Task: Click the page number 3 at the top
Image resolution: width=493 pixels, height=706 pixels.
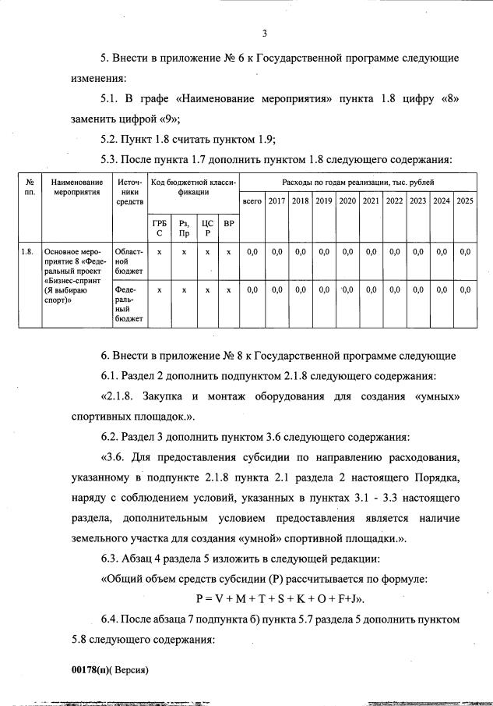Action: point(265,33)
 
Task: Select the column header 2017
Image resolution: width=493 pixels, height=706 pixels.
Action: point(276,201)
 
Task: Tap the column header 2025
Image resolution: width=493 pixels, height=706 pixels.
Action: point(465,201)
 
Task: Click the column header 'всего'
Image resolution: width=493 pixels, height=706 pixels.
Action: point(252,201)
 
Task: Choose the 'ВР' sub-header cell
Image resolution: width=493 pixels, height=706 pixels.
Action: point(228,225)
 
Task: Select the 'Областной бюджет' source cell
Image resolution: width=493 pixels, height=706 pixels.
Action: point(129,261)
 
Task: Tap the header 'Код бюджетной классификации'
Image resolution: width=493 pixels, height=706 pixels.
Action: point(193,186)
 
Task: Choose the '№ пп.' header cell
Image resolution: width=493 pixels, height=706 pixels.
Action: point(30,186)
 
